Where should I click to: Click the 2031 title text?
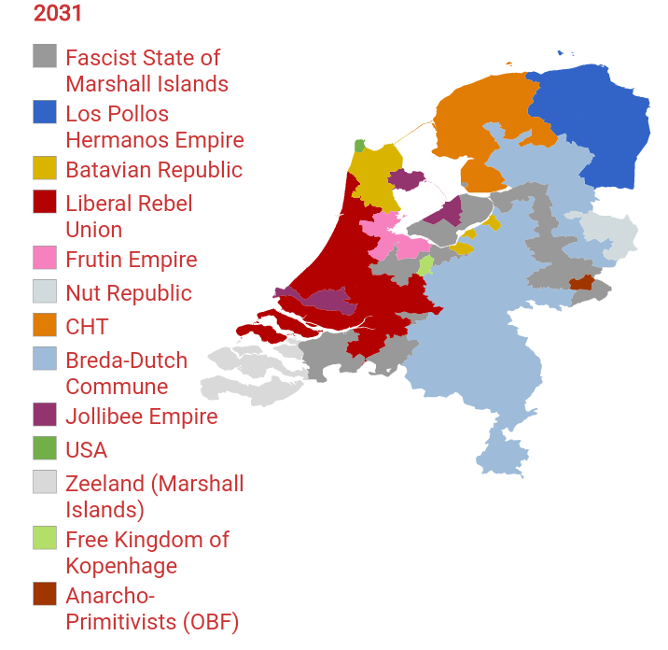click(58, 14)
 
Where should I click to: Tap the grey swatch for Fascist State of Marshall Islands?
click(45, 57)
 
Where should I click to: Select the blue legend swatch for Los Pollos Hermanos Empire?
click(45, 113)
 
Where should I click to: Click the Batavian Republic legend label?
click(154, 170)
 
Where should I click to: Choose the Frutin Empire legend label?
click(132, 260)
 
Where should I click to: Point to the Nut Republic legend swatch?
click(45, 292)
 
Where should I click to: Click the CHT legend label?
click(87, 327)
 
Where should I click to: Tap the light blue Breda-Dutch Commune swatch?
click(45, 360)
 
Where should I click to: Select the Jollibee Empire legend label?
click(142, 417)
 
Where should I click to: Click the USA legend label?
click(87, 450)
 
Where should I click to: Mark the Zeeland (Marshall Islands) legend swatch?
click(45, 483)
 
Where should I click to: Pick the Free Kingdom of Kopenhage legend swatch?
click(45, 539)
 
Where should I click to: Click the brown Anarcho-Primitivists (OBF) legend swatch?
click(45, 595)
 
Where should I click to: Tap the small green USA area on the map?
click(359, 147)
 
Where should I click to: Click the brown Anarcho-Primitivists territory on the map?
click(581, 282)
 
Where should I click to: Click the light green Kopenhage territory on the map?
click(425, 264)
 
